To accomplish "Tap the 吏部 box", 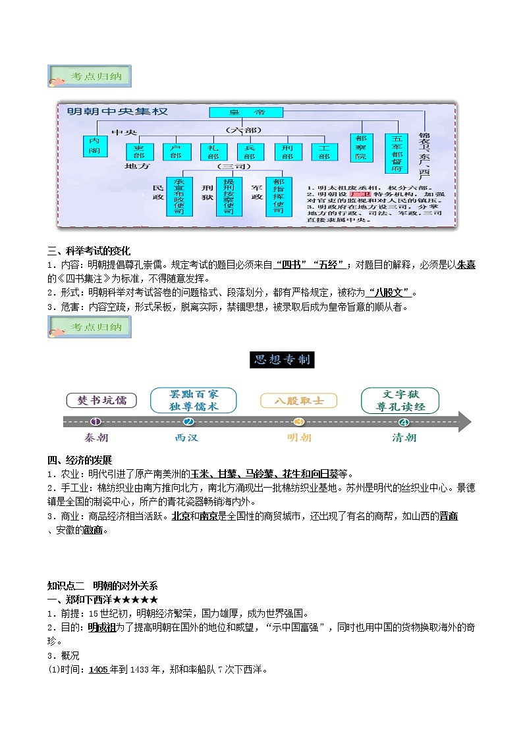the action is [139, 152].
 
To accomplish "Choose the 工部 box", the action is [323, 152].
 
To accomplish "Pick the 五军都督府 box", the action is [397, 153].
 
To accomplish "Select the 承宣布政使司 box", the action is [179, 195].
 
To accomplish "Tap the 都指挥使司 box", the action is [278, 195].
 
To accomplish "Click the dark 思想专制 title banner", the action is [283, 360].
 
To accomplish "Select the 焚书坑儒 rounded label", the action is [102, 400].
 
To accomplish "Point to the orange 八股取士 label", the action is [299, 400].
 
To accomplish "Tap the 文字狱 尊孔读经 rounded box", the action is [400, 400].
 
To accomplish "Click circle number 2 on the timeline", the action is [189, 422].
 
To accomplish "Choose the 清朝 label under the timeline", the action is [404, 438].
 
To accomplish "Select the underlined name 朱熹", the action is [466, 265].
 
